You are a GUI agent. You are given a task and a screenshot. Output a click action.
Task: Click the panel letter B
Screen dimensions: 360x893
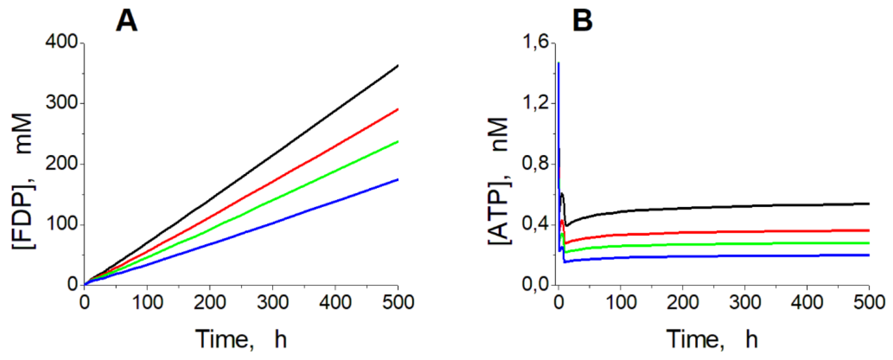582,21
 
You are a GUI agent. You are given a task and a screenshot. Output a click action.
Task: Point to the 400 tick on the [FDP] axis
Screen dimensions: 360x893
61,43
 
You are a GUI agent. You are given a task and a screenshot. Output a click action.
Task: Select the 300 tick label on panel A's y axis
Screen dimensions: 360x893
61,103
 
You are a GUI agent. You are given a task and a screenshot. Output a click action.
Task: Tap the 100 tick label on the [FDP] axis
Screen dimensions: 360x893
61,225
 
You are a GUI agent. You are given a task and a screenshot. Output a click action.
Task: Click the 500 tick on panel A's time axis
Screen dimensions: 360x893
398,302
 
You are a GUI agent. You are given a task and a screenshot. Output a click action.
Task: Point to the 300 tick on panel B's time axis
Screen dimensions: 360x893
745,302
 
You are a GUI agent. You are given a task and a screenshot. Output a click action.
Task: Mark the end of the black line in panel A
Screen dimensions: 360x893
398,65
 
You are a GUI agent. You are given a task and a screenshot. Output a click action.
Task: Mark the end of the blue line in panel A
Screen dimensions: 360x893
398,179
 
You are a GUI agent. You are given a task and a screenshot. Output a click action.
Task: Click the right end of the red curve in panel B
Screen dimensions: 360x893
869,230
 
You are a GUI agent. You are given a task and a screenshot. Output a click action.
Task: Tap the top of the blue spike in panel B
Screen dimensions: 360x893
558,63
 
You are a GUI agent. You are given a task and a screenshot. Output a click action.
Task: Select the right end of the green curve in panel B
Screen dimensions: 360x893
869,243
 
